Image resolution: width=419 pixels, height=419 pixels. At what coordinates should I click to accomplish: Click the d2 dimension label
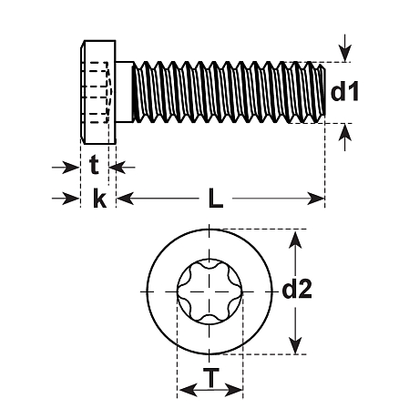tap(297, 291)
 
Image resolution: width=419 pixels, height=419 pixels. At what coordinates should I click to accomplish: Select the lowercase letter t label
tap(95, 167)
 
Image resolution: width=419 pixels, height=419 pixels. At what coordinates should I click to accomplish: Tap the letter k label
tap(99, 199)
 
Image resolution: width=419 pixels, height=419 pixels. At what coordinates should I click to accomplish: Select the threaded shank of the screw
tap(228, 91)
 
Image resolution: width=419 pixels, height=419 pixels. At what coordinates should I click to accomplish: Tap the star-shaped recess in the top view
tap(210, 291)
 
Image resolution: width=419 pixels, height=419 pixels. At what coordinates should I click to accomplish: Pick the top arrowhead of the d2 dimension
tap(294, 239)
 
